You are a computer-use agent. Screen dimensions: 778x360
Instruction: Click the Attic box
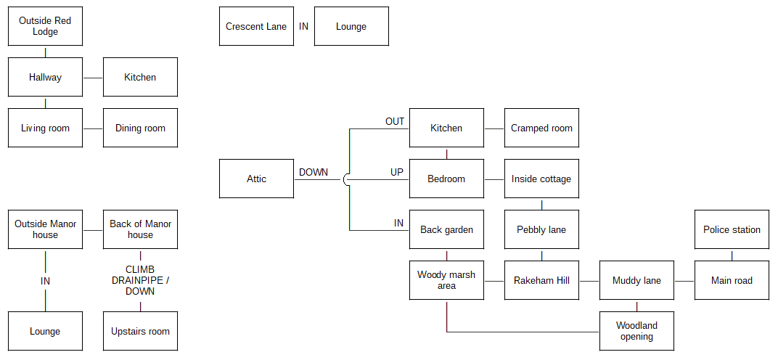click(x=256, y=179)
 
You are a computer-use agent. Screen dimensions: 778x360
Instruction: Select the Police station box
click(x=732, y=229)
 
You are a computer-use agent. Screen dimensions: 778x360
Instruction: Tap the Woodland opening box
click(x=636, y=331)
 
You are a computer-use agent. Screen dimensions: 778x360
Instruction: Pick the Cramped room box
click(x=541, y=128)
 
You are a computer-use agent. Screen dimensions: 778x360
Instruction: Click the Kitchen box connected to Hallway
click(x=140, y=77)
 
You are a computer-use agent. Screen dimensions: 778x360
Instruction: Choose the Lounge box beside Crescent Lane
click(x=351, y=26)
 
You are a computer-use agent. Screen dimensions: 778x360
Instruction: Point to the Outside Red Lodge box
click(x=45, y=26)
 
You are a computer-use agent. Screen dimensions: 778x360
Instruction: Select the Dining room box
click(x=140, y=128)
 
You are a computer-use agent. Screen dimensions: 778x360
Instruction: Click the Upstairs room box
click(x=140, y=331)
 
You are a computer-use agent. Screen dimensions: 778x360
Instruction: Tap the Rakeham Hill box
click(x=541, y=281)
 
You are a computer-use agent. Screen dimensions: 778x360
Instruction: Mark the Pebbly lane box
click(x=541, y=229)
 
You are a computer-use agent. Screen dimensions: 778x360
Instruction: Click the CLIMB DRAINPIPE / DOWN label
click(x=140, y=281)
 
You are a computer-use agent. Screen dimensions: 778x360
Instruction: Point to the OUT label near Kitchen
click(x=395, y=122)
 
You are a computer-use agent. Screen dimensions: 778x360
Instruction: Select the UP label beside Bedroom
click(x=397, y=172)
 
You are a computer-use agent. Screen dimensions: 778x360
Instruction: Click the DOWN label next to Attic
click(x=313, y=172)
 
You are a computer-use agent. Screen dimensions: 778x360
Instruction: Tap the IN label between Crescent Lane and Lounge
click(x=303, y=26)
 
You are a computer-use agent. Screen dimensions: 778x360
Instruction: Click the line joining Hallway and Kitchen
click(x=93, y=78)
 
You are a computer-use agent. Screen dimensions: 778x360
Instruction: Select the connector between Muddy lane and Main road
click(x=684, y=281)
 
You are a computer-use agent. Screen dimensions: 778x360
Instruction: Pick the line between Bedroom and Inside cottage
click(x=494, y=179)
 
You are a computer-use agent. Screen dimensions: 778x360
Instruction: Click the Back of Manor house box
click(x=140, y=229)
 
